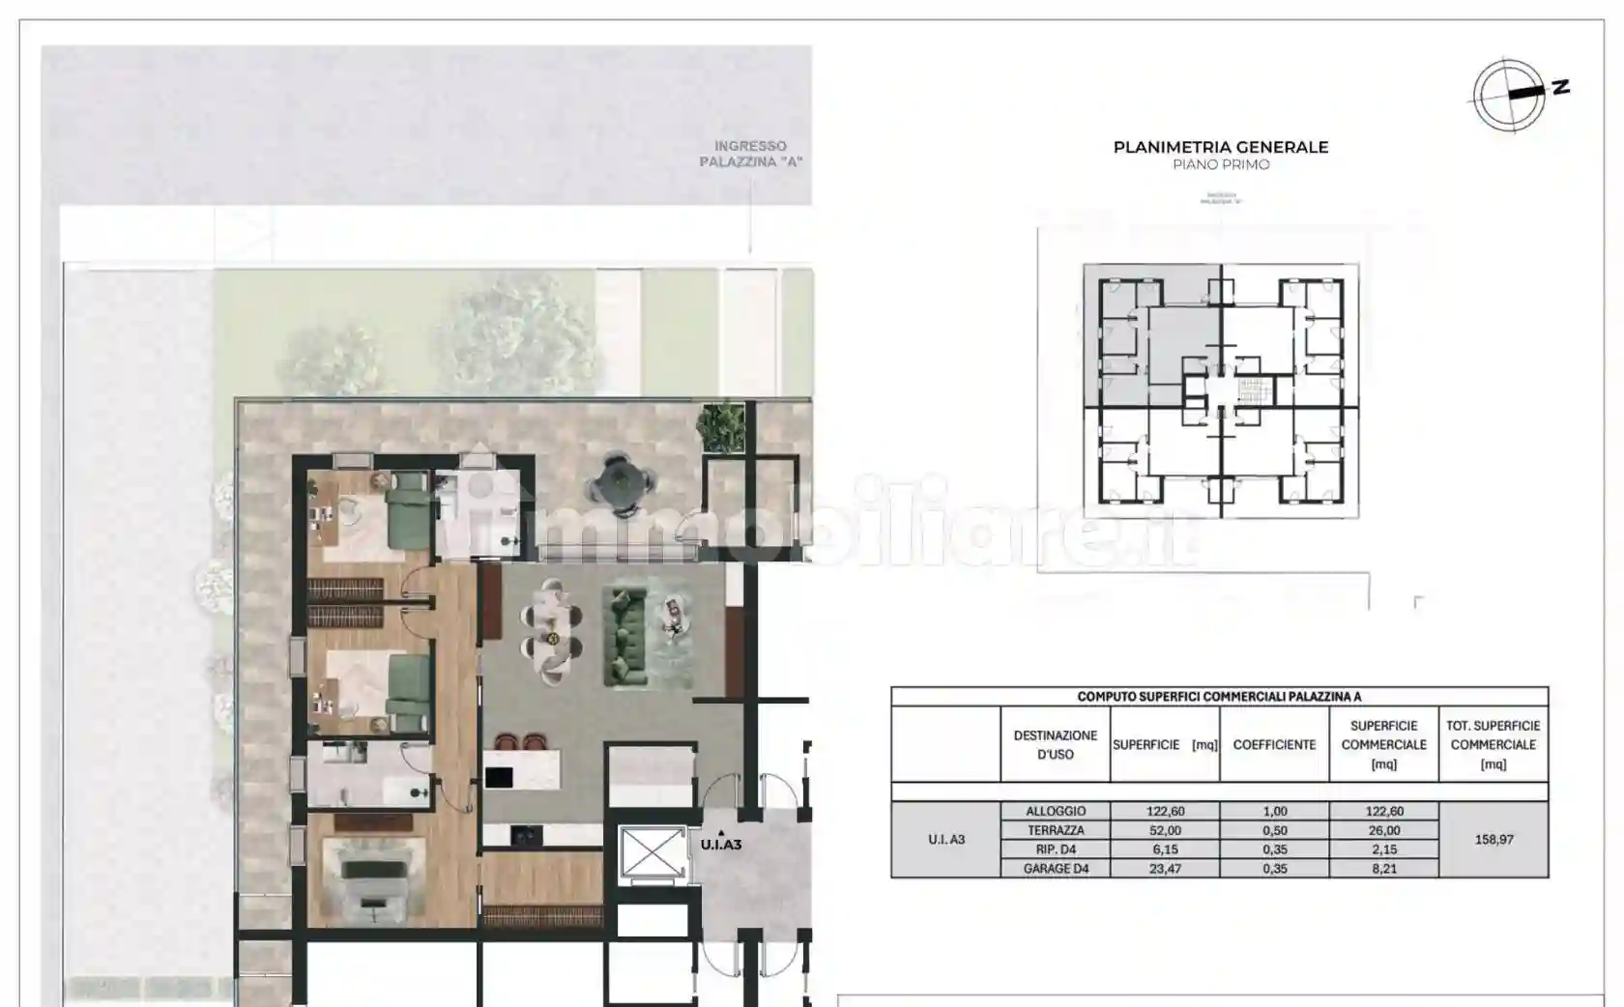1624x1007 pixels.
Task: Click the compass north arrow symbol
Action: click(x=1509, y=95)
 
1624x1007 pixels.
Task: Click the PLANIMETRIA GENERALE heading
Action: click(x=1220, y=148)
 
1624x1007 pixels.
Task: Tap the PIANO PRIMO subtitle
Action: click(x=1220, y=165)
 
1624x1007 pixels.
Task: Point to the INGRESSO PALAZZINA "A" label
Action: click(x=750, y=155)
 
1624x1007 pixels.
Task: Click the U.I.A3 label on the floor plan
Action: click(x=720, y=845)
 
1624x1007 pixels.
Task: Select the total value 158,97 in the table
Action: click(x=1493, y=840)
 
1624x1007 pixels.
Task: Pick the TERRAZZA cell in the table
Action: click(x=1056, y=831)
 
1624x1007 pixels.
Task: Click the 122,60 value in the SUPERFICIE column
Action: click(x=1165, y=812)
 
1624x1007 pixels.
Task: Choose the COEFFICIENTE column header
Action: click(x=1274, y=745)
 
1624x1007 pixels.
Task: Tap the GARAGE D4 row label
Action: click(x=1056, y=869)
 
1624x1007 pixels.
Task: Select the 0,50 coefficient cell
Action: click(x=1274, y=831)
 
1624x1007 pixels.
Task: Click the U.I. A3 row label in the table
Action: click(x=946, y=840)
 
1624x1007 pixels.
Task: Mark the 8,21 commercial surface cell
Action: click(x=1383, y=869)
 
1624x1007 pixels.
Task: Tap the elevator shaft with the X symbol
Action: click(x=652, y=853)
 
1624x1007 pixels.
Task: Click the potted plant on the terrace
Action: click(x=721, y=426)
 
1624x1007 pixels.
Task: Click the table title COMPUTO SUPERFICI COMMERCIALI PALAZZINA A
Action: click(x=1219, y=697)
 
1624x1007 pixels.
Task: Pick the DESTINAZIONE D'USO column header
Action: click(x=1055, y=745)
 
